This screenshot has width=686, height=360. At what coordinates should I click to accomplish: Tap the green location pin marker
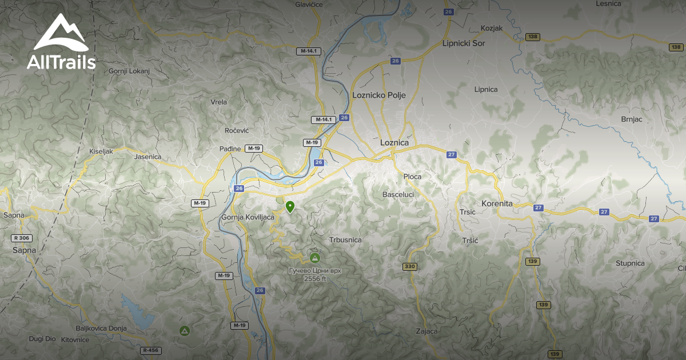(x=290, y=207)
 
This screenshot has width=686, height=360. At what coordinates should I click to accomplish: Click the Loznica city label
(x=394, y=142)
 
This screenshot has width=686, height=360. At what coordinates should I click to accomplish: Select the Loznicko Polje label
(x=379, y=95)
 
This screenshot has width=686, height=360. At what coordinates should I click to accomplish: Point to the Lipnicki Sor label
(x=464, y=43)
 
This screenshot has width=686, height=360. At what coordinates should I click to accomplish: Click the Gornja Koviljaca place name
(x=248, y=217)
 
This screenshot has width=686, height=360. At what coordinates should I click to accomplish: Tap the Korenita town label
(x=497, y=203)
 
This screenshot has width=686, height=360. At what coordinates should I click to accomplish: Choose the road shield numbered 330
(x=409, y=267)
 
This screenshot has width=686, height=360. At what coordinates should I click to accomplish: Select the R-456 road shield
(x=150, y=350)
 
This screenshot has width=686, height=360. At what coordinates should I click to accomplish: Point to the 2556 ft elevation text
(x=315, y=279)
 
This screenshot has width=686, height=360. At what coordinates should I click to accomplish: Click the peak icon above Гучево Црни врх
(x=314, y=257)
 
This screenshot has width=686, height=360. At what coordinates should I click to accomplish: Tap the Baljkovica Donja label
(x=101, y=328)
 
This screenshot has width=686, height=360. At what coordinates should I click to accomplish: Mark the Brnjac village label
(x=632, y=119)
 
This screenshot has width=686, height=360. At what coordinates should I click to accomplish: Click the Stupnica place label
(x=630, y=263)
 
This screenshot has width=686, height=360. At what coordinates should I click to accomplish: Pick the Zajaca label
(x=427, y=331)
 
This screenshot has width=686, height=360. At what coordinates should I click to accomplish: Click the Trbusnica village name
(x=345, y=240)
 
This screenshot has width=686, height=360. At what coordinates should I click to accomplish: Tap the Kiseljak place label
(x=101, y=151)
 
